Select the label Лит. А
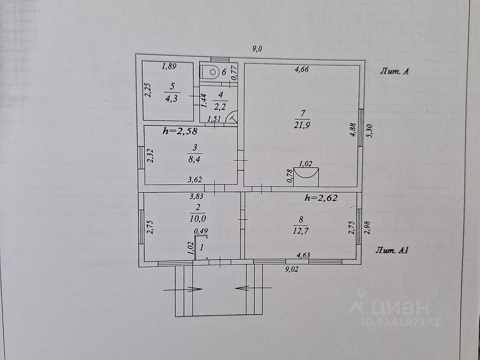click(394, 71)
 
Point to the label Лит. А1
click(391, 251)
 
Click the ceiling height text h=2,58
click(180, 131)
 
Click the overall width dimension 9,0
click(257, 49)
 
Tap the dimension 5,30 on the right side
click(368, 131)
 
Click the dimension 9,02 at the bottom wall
click(291, 269)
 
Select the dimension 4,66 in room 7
click(301, 70)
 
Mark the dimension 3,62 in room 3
click(195, 180)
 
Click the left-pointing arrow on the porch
click(243, 288)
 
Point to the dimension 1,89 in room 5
click(169, 66)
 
